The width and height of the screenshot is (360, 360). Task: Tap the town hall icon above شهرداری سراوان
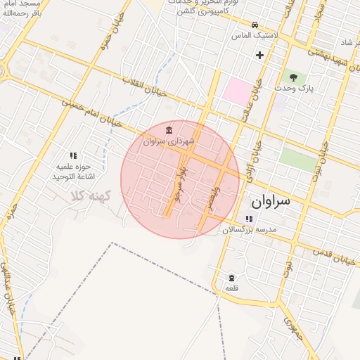pos(169,131)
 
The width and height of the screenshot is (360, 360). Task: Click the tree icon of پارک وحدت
pos(293,77)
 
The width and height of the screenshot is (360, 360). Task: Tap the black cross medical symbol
pos(260,55)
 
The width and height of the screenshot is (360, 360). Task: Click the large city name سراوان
pos(271,201)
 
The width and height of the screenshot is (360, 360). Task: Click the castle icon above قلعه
pos(231,277)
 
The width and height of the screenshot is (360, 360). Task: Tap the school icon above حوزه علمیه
pos(72,155)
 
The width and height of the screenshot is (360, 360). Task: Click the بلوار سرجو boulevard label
pos(180,184)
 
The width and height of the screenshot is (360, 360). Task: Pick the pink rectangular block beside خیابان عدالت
pos(237,91)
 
